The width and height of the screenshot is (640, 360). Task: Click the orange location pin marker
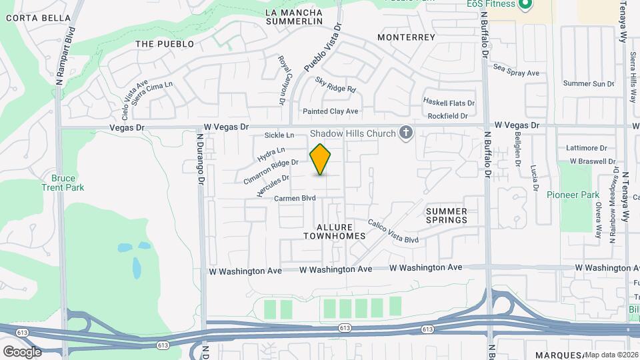click(321, 159)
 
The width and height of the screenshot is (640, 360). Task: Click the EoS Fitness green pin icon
click(525, 5)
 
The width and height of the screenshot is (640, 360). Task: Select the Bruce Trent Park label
click(67, 183)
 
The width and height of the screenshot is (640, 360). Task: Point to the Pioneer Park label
click(569, 195)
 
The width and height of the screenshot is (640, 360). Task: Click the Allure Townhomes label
click(334, 231)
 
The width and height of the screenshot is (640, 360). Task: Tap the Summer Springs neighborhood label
click(447, 215)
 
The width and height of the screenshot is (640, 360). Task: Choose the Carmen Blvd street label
click(294, 198)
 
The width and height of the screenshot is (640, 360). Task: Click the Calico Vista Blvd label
click(393, 230)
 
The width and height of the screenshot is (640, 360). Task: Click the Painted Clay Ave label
click(330, 111)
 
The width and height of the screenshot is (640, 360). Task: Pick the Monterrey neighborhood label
click(406, 37)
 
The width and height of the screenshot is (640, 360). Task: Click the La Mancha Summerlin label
click(293, 17)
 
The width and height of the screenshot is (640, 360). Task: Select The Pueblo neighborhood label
click(164, 44)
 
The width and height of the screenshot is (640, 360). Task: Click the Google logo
click(22, 351)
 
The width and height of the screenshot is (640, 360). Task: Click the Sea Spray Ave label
click(515, 67)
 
